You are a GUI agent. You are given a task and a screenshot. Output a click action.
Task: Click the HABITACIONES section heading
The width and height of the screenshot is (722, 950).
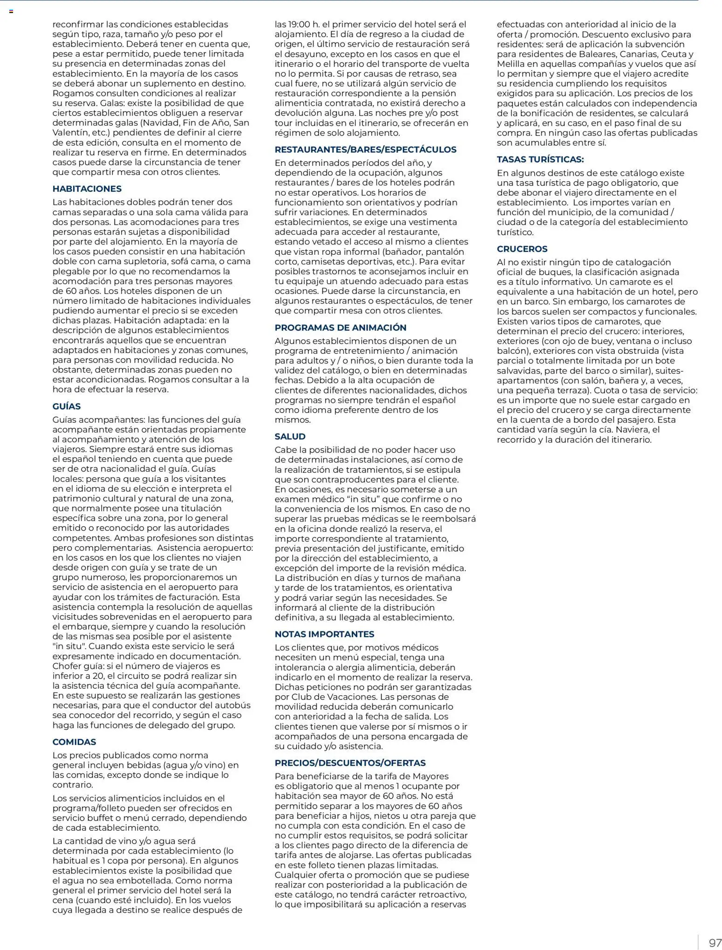pyautogui.click(x=87, y=189)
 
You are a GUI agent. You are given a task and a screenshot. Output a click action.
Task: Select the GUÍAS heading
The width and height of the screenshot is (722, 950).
pyautogui.click(x=67, y=406)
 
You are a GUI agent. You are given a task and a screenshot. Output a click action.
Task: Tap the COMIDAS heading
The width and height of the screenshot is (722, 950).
pyautogui.click(x=74, y=742)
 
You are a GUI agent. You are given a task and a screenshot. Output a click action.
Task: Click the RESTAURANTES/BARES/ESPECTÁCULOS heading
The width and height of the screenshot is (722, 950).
pyautogui.click(x=366, y=149)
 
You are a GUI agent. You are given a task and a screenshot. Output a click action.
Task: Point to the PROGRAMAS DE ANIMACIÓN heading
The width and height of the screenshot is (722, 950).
pyautogui.click(x=341, y=327)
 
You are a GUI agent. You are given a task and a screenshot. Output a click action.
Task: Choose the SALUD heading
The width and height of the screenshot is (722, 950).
pyautogui.click(x=290, y=436)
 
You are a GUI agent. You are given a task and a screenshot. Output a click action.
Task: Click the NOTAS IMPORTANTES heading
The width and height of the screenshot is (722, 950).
pyautogui.click(x=324, y=634)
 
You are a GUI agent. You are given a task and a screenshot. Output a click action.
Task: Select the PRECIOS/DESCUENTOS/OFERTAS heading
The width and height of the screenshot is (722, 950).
pyautogui.click(x=350, y=763)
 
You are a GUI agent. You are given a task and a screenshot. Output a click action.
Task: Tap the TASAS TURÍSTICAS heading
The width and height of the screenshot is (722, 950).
pyautogui.click(x=540, y=159)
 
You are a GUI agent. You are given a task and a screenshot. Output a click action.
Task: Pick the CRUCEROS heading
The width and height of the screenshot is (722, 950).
pyautogui.click(x=522, y=249)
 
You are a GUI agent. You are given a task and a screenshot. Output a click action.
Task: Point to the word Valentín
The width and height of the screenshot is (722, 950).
pyautogui.click(x=70, y=133)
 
